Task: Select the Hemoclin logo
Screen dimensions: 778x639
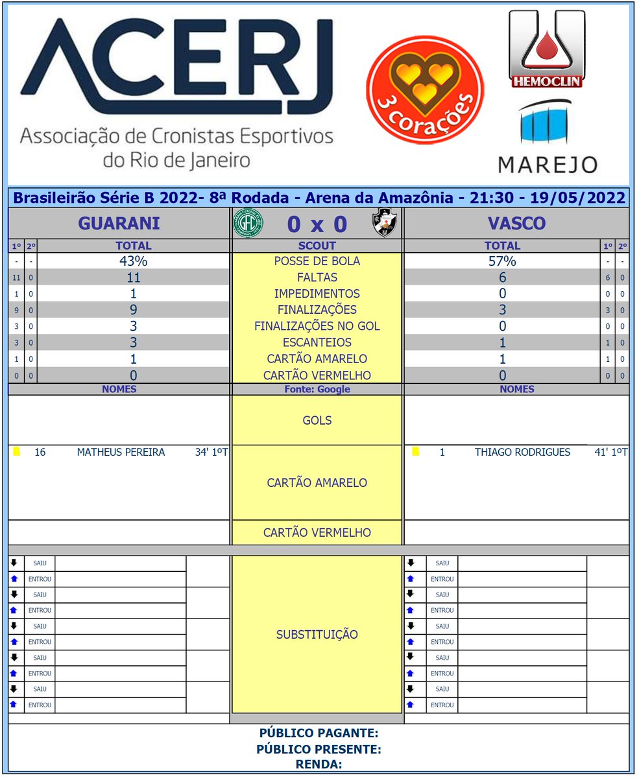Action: (x=546, y=49)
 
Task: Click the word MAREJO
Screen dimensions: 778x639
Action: (x=548, y=164)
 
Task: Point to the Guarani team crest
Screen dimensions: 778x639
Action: (x=248, y=224)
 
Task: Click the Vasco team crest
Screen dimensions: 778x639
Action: (x=385, y=224)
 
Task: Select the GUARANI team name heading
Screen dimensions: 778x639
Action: (x=119, y=224)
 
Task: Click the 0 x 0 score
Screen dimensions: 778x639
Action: (x=317, y=224)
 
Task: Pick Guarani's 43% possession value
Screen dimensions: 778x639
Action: (x=133, y=261)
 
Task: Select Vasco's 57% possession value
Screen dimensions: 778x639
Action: (x=502, y=261)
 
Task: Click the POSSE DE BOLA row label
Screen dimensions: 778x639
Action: (x=317, y=261)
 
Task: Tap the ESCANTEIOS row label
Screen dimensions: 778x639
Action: (x=317, y=342)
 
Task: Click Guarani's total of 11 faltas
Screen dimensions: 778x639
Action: (x=133, y=277)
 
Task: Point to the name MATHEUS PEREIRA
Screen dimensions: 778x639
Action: (x=121, y=453)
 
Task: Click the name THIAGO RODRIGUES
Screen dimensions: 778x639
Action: (x=522, y=453)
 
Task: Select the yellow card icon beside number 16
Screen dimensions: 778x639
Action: (x=16, y=452)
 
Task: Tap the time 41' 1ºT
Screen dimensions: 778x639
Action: (x=610, y=453)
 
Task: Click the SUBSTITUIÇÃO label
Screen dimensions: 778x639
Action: (x=317, y=634)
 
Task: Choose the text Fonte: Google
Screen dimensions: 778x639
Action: (x=317, y=390)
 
